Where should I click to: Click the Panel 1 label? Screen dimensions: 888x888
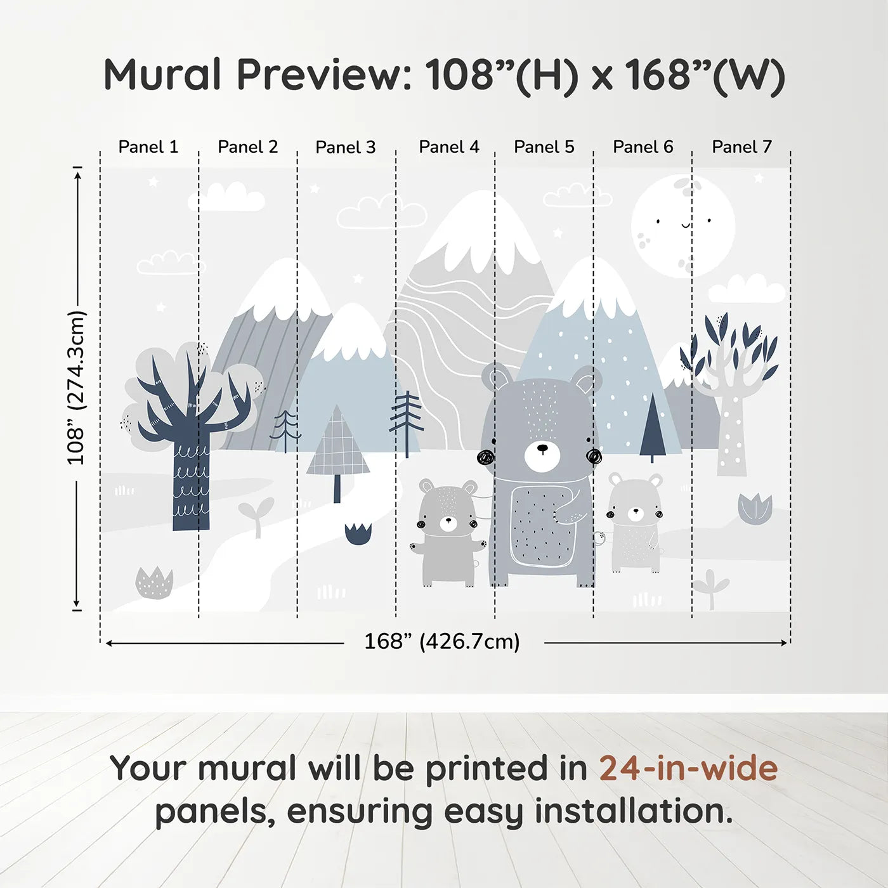(x=148, y=147)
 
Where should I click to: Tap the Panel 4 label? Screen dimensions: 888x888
(x=448, y=147)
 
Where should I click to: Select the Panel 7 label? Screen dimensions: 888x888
(x=741, y=147)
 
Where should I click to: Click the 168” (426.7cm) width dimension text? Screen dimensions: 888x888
(x=442, y=642)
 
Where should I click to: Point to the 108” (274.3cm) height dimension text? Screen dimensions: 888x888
(x=76, y=388)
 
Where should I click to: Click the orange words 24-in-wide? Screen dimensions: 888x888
(x=688, y=769)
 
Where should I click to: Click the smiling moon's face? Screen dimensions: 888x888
(x=683, y=225)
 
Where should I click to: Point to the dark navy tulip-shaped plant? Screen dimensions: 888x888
(x=358, y=533)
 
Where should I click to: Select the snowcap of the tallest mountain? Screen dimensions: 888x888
(x=482, y=228)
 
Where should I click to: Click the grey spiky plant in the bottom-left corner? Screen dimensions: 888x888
(x=154, y=584)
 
